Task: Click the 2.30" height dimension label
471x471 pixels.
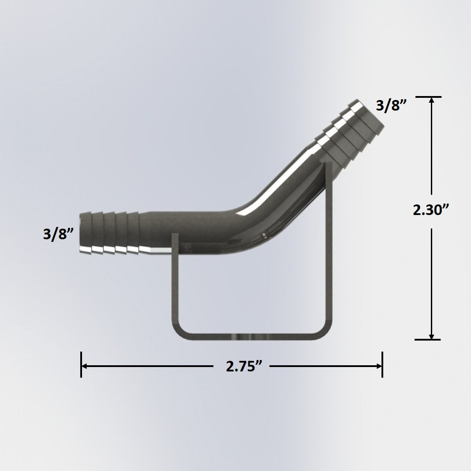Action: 430,210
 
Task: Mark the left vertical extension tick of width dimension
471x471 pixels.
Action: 81,364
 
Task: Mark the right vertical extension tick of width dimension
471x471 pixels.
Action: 382,364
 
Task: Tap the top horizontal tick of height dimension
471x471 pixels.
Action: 428,97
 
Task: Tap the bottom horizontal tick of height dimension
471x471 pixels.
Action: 428,339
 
